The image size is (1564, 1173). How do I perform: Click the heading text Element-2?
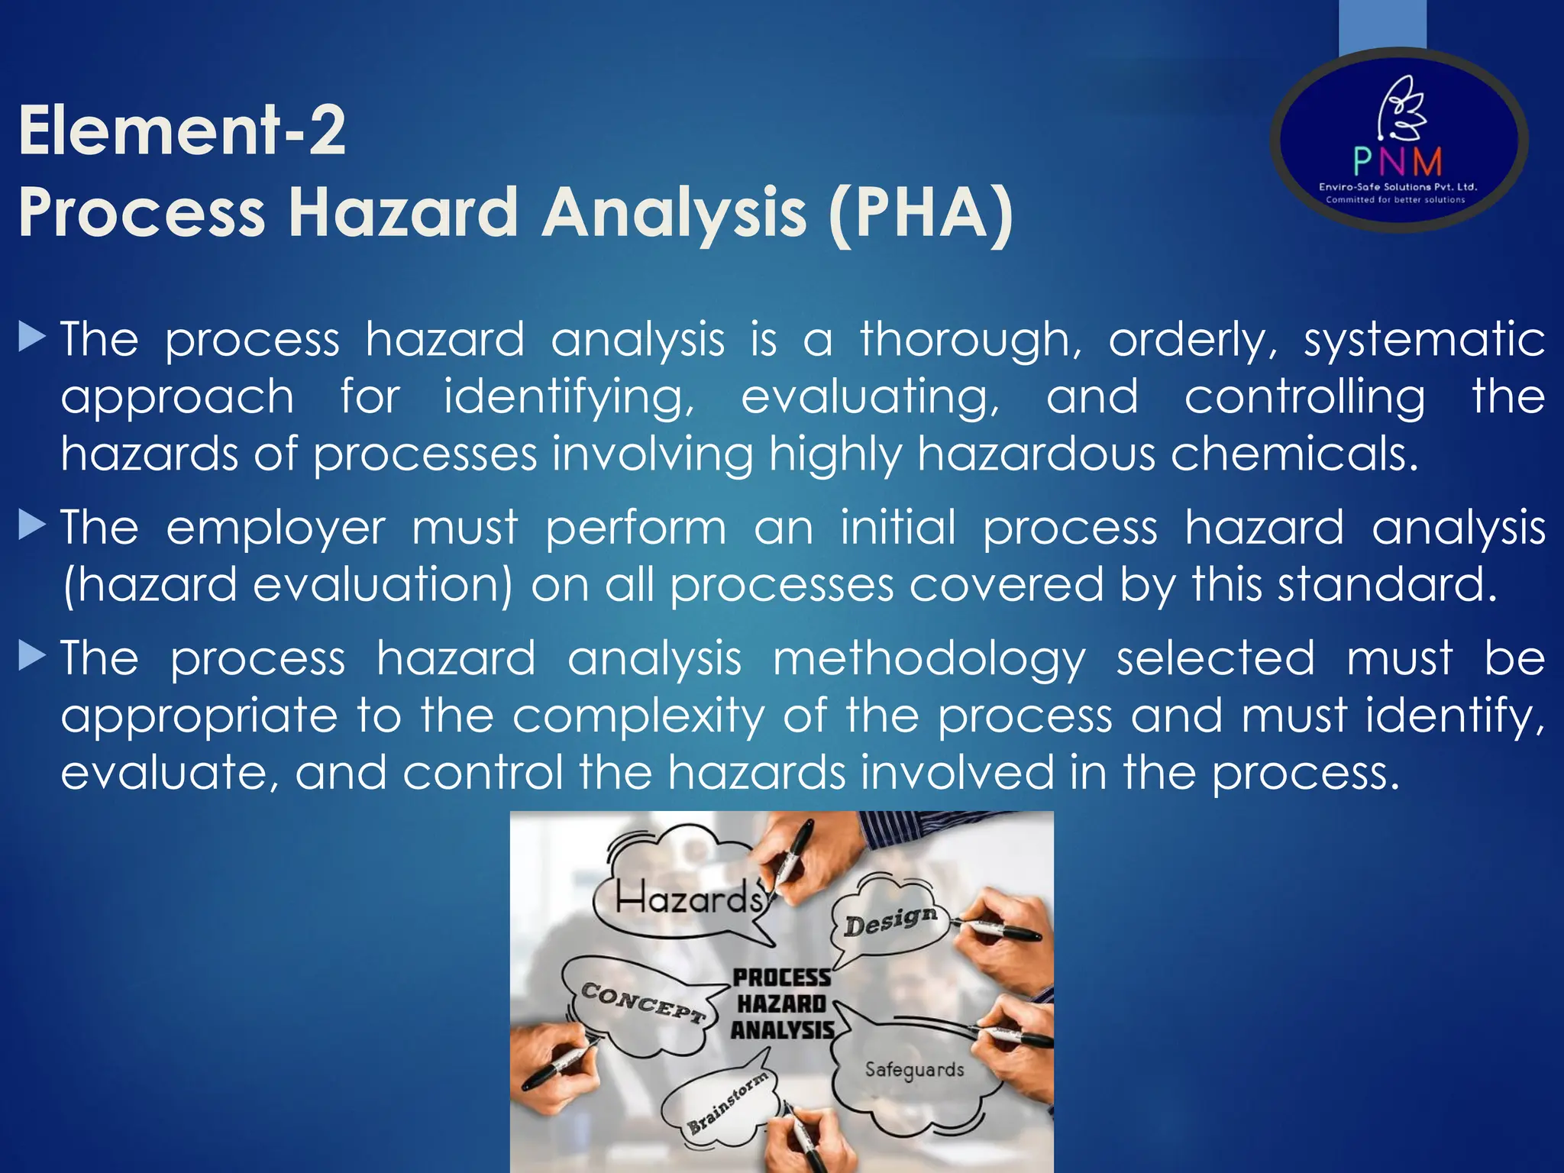point(182,131)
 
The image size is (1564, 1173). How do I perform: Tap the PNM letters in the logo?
point(1398,161)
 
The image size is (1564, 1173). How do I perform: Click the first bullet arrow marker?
point(32,336)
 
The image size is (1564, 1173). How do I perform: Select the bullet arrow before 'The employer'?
point(32,525)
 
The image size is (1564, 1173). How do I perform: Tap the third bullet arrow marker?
point(32,655)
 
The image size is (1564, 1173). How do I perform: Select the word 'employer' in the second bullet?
point(276,528)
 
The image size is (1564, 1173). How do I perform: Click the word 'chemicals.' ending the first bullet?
point(1294,454)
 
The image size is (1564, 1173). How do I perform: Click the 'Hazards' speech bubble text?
point(689,898)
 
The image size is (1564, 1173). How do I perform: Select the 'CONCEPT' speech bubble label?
point(641,1002)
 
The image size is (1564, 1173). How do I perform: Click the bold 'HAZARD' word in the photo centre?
point(781,1003)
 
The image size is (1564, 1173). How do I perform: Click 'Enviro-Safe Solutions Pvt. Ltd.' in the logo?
point(1398,187)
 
